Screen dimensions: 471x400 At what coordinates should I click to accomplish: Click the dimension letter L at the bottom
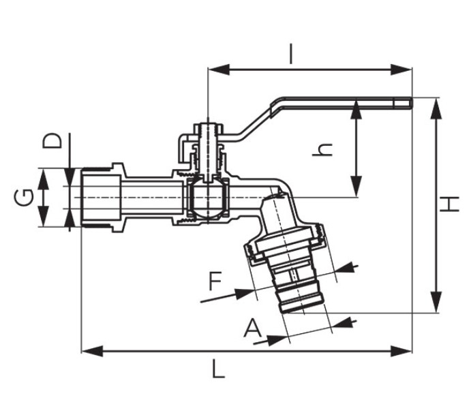pos(218,369)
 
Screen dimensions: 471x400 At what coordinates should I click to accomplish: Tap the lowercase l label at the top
pos(291,55)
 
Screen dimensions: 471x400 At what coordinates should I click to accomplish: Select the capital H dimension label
pos(450,204)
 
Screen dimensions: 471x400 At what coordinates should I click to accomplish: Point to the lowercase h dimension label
pos(322,149)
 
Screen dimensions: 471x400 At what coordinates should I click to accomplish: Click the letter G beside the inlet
pos(24,198)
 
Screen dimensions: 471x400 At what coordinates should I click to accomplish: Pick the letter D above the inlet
pos(52,141)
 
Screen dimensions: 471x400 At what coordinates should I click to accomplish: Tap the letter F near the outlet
pos(215,281)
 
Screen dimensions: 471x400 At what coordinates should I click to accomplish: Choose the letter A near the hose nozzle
pos(253,328)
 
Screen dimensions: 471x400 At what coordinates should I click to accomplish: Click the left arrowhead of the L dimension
pos(92,351)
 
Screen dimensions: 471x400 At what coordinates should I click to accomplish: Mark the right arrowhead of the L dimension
pos(401,351)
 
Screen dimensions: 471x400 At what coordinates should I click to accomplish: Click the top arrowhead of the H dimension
pos(436,108)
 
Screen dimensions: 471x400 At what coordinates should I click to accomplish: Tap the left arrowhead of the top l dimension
pos(219,70)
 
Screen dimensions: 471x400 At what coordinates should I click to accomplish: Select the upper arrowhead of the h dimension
pos(356,110)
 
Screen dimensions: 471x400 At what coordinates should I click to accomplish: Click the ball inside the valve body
pos(207,198)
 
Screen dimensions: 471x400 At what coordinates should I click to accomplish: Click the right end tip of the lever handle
pos(412,103)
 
